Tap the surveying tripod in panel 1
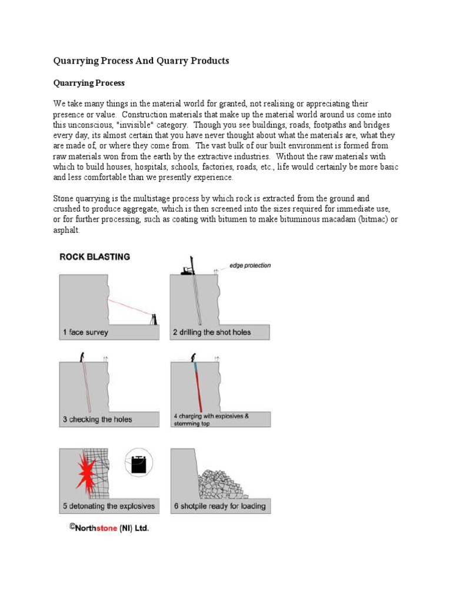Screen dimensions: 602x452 pyautogui.click(x=154, y=319)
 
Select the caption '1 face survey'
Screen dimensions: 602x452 pyautogui.click(x=85, y=332)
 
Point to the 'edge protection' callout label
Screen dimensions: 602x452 pyautogui.click(x=250, y=265)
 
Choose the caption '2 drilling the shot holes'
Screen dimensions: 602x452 pyautogui.click(x=212, y=332)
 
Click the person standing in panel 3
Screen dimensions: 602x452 pyautogui.click(x=83, y=356)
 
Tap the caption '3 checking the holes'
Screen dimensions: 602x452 pyautogui.click(x=97, y=419)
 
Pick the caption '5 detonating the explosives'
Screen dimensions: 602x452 pyautogui.click(x=109, y=506)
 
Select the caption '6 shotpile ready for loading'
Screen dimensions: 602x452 pyautogui.click(x=220, y=506)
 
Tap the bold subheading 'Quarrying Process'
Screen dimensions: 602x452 pyautogui.click(x=89, y=83)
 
